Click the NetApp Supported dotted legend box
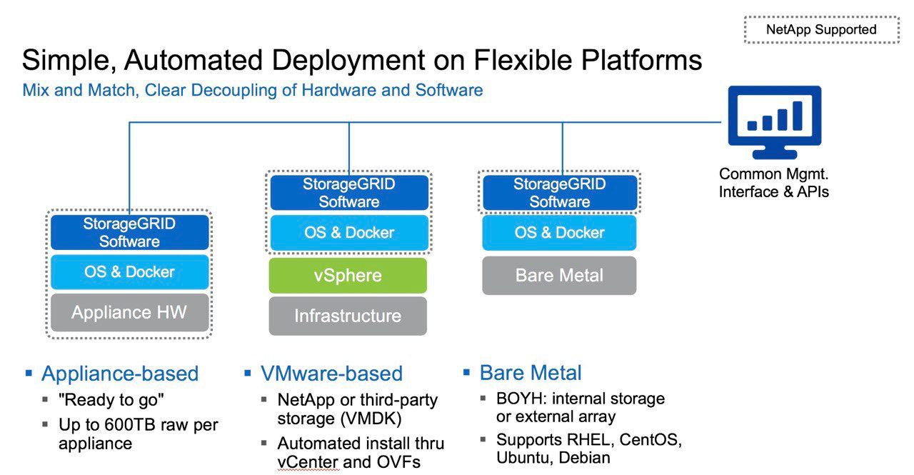pos(821,29)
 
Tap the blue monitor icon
pos(775,122)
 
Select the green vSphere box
pos(348,276)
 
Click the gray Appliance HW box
pos(129,312)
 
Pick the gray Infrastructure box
pos(348,316)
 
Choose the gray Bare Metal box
pos(559,276)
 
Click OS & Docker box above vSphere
pos(349,233)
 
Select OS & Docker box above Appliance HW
pos(129,271)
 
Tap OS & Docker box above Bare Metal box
pos(559,233)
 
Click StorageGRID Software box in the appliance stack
pos(129,233)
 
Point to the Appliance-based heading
pos(120,374)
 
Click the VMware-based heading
pos(332,374)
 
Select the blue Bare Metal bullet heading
pos(531,373)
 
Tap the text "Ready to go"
pos(111,400)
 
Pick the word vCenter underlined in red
pos(308,462)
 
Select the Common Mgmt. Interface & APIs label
pos(773,183)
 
